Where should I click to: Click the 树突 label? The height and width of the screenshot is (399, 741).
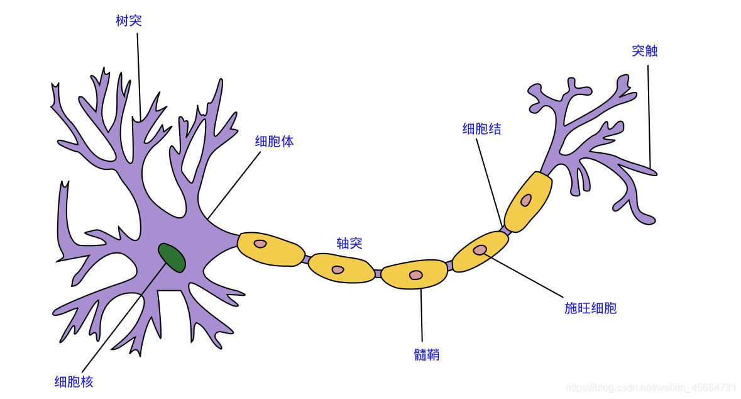(x=129, y=21)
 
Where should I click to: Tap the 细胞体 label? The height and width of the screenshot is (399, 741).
(x=274, y=141)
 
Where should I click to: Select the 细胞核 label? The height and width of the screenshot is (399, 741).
(x=74, y=381)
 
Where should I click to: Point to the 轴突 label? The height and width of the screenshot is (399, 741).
(x=349, y=244)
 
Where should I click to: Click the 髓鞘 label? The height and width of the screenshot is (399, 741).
(x=427, y=355)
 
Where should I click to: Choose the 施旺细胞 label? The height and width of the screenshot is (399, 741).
(x=590, y=308)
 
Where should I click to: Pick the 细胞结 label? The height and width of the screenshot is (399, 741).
(x=481, y=129)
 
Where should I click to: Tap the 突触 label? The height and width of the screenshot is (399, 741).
(x=644, y=51)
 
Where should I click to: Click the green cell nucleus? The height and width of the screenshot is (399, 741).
(x=172, y=257)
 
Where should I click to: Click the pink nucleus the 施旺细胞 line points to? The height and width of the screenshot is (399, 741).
(x=480, y=250)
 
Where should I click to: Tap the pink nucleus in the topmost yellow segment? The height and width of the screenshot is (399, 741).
(x=525, y=201)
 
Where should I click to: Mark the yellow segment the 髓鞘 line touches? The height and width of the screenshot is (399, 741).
(x=415, y=275)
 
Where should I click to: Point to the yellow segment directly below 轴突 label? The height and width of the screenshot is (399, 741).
(x=339, y=267)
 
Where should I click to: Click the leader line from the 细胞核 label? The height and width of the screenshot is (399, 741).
(x=119, y=321)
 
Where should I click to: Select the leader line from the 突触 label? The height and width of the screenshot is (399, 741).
(x=649, y=113)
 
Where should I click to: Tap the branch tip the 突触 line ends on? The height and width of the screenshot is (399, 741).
(x=654, y=171)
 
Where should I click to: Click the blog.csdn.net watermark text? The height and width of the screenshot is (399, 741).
(x=650, y=387)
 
